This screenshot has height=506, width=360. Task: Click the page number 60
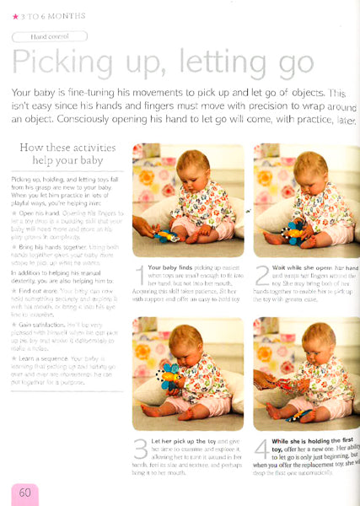click(25, 492)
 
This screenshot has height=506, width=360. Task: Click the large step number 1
click(141, 275)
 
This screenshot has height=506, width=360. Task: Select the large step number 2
click(262, 275)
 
